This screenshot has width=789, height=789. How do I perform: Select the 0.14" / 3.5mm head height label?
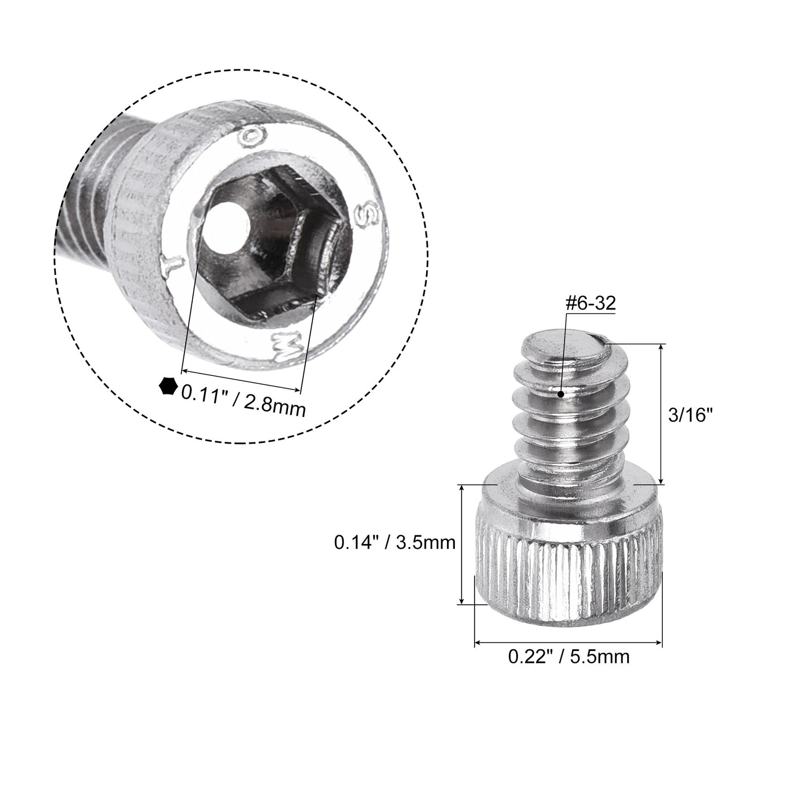(394, 543)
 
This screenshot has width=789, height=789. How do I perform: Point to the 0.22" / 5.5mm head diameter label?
(569, 657)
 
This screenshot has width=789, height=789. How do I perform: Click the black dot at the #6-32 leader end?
(560, 393)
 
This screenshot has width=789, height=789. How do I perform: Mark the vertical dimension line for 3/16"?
(661, 414)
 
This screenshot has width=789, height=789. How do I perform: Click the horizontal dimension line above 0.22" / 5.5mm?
(568, 642)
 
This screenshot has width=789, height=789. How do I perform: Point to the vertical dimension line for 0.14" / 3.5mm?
(462, 544)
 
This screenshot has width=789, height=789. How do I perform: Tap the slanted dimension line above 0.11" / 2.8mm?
(241, 382)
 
